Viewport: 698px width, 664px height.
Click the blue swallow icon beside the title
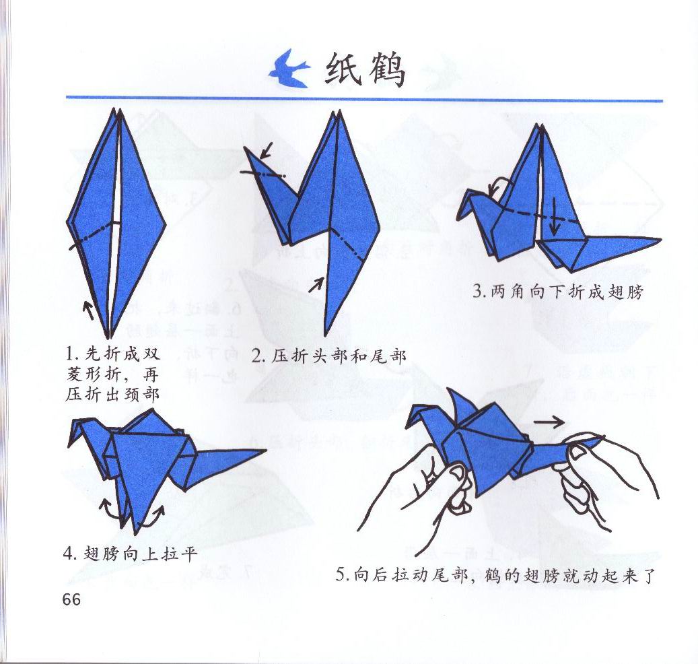(290, 69)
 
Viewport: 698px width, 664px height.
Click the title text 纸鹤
(365, 70)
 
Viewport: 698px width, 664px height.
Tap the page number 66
(71, 599)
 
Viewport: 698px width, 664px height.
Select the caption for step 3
(558, 292)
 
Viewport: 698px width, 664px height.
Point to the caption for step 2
(328, 356)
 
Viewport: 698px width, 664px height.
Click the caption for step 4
(130, 554)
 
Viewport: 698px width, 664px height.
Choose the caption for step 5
(495, 575)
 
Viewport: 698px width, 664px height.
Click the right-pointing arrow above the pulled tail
(549, 422)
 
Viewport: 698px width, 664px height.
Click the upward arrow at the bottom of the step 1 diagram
(89, 310)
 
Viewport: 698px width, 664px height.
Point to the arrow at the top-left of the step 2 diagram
(266, 150)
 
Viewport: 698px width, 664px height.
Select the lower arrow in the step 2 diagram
(316, 284)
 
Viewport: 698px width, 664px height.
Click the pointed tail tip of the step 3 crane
(660, 240)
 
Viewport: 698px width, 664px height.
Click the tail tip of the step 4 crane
(265, 451)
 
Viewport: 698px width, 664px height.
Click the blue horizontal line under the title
(365, 99)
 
